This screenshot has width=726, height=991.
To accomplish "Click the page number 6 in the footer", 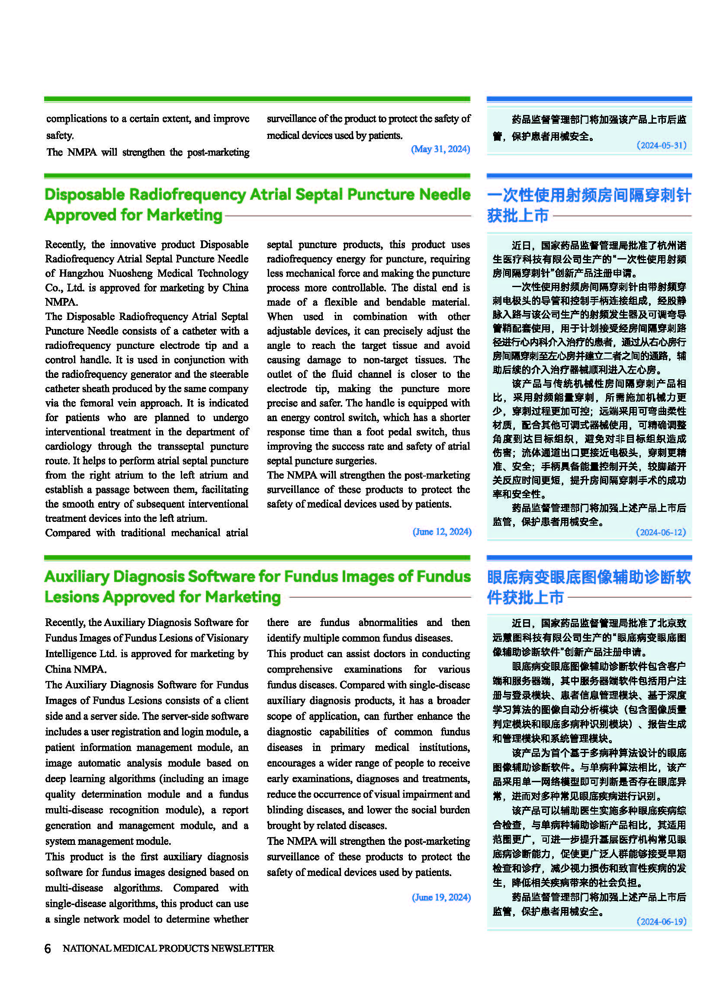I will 48,948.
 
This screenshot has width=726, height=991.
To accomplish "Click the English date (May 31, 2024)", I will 440,149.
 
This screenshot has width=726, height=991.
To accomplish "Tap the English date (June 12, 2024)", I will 442,532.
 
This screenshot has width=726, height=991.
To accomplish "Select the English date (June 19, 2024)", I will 441,897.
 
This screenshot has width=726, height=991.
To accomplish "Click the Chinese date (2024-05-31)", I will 662,145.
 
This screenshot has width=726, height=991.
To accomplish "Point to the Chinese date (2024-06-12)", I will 661,532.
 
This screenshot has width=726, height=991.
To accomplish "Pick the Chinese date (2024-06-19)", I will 662,921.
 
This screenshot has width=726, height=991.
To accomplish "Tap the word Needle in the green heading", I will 445,195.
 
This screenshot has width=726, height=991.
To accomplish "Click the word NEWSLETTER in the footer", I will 242,948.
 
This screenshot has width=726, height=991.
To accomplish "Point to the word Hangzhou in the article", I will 81,274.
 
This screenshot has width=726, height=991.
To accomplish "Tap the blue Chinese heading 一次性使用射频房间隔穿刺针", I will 588,195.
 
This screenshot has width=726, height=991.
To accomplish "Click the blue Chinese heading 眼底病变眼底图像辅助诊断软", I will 588,577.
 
